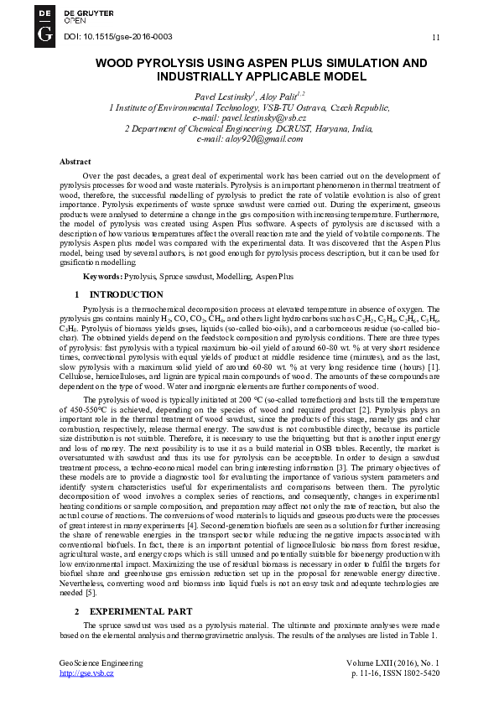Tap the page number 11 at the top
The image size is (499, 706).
pyautogui.click(x=435, y=38)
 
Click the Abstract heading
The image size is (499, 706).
pyautogui.click(x=75, y=160)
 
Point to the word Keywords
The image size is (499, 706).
pyautogui.click(x=101, y=276)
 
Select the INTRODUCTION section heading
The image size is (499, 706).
pyautogui.click(x=127, y=294)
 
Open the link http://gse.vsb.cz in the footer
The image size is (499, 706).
pyautogui.click(x=86, y=673)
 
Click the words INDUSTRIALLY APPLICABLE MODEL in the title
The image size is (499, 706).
pyautogui.click(x=261, y=76)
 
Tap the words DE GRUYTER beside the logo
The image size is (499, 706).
pyautogui.click(x=87, y=13)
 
